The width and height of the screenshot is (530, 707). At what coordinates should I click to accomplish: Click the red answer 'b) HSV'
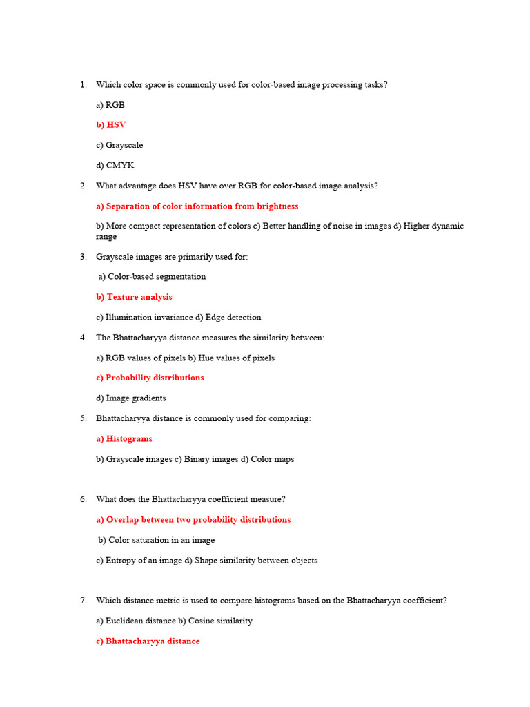111,125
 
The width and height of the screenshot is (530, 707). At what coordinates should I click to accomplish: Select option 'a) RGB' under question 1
110,105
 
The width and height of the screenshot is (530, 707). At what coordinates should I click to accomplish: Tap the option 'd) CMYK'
115,165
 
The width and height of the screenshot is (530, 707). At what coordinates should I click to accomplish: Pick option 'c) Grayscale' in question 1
119,145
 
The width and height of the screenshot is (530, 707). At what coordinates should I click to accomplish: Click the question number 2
83,186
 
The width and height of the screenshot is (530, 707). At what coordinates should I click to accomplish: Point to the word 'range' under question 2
106,236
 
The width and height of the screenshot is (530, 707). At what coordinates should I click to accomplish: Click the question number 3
83,257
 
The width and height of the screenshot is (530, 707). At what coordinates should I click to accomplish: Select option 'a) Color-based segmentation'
152,277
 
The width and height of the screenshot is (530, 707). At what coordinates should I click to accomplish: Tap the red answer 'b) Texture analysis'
134,297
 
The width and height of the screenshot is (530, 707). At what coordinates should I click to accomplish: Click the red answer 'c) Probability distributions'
150,378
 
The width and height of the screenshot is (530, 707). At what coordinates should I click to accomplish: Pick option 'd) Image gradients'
131,398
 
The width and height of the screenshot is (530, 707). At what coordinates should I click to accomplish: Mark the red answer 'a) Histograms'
124,438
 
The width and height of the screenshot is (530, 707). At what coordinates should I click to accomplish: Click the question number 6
83,499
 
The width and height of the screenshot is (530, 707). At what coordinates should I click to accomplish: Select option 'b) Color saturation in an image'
156,540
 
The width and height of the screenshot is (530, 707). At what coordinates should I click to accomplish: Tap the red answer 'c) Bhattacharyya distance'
148,641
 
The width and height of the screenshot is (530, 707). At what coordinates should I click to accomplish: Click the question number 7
83,601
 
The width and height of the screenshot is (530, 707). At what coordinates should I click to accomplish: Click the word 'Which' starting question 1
108,85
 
